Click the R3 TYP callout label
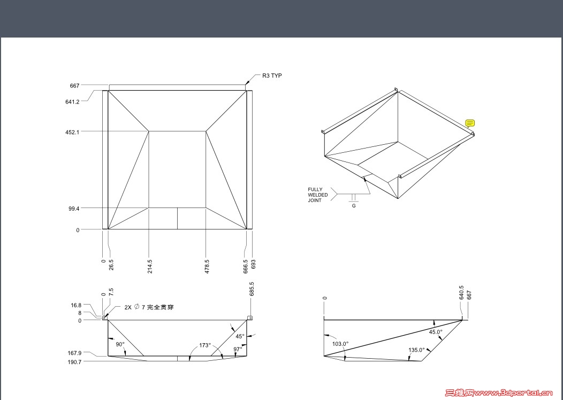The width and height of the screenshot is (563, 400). point(272,76)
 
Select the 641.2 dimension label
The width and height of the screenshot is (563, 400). point(72,102)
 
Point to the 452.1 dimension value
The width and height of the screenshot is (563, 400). point(72,132)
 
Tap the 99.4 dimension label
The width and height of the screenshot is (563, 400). point(74,208)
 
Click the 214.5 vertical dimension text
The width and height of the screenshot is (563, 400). point(150,266)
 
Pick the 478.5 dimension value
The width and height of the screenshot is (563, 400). point(207,266)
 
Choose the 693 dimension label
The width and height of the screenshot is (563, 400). point(253,264)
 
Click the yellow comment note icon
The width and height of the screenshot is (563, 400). point(470,123)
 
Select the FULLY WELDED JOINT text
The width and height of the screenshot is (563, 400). point(318,195)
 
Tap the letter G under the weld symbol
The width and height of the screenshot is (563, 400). point(354,206)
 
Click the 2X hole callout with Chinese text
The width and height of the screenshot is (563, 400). point(149,307)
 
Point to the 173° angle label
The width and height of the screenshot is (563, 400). point(205,345)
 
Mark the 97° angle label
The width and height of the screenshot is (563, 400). point(238,349)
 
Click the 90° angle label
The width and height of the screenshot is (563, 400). point(120,344)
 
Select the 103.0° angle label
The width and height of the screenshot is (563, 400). point(340,344)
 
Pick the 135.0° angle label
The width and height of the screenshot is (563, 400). point(416,350)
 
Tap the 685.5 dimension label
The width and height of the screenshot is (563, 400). point(252,289)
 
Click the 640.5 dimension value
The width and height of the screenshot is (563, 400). point(461,292)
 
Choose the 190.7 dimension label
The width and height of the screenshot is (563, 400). point(74,362)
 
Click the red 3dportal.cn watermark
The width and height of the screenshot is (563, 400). point(499,392)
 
